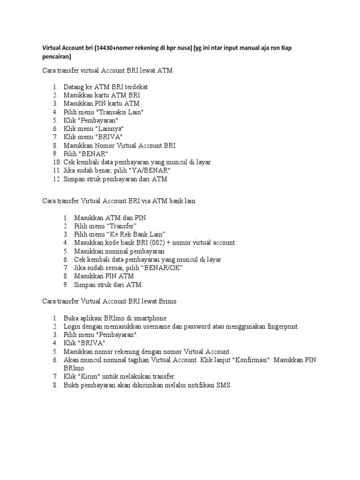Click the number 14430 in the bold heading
(x=105, y=48)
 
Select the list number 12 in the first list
(x=56, y=179)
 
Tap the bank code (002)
(x=154, y=242)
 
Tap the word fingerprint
(x=277, y=326)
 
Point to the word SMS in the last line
(x=223, y=385)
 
